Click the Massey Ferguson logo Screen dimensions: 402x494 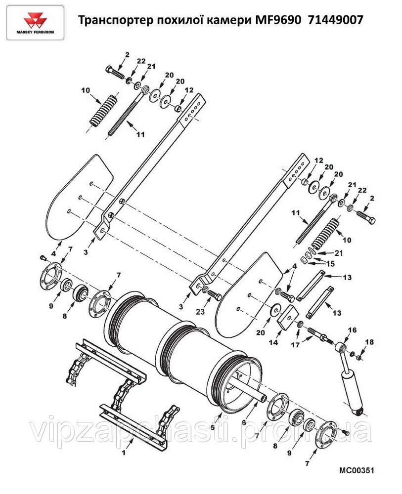[36, 23]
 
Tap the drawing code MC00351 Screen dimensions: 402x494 [357, 471]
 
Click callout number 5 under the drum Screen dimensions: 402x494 [213, 427]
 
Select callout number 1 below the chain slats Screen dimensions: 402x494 [124, 453]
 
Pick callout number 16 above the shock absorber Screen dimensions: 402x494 [352, 330]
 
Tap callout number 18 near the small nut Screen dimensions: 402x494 [369, 342]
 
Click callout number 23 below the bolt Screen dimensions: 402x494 [200, 312]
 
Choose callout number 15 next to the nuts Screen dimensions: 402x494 [330, 264]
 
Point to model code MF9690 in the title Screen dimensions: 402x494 [276, 20]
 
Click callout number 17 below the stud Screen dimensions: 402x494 [295, 345]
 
